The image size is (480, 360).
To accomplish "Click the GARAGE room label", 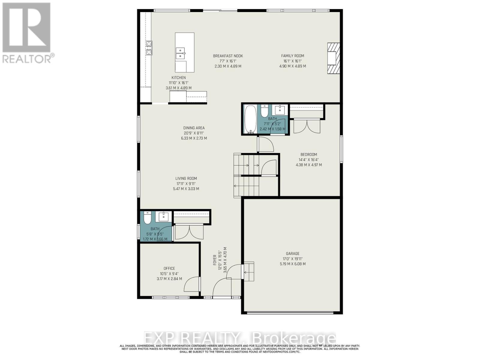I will point(292,253).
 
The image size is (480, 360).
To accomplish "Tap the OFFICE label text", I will point(169,268).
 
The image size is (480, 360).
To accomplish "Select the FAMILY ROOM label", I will point(292,56).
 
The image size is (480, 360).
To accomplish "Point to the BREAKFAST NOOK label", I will point(228,56).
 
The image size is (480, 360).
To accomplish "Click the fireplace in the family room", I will point(333,58).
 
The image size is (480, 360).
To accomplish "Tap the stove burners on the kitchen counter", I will point(149,48).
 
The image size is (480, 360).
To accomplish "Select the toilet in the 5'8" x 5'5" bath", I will point(147,218).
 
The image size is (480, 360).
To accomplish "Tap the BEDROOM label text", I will point(309,154).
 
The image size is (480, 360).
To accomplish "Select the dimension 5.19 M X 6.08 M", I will point(292,264).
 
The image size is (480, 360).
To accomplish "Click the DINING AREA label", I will point(194,128).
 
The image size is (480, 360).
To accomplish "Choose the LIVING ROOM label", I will point(186,178).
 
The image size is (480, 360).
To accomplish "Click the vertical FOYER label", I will point(215,260).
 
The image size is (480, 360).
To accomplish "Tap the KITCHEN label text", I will point(178,78).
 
